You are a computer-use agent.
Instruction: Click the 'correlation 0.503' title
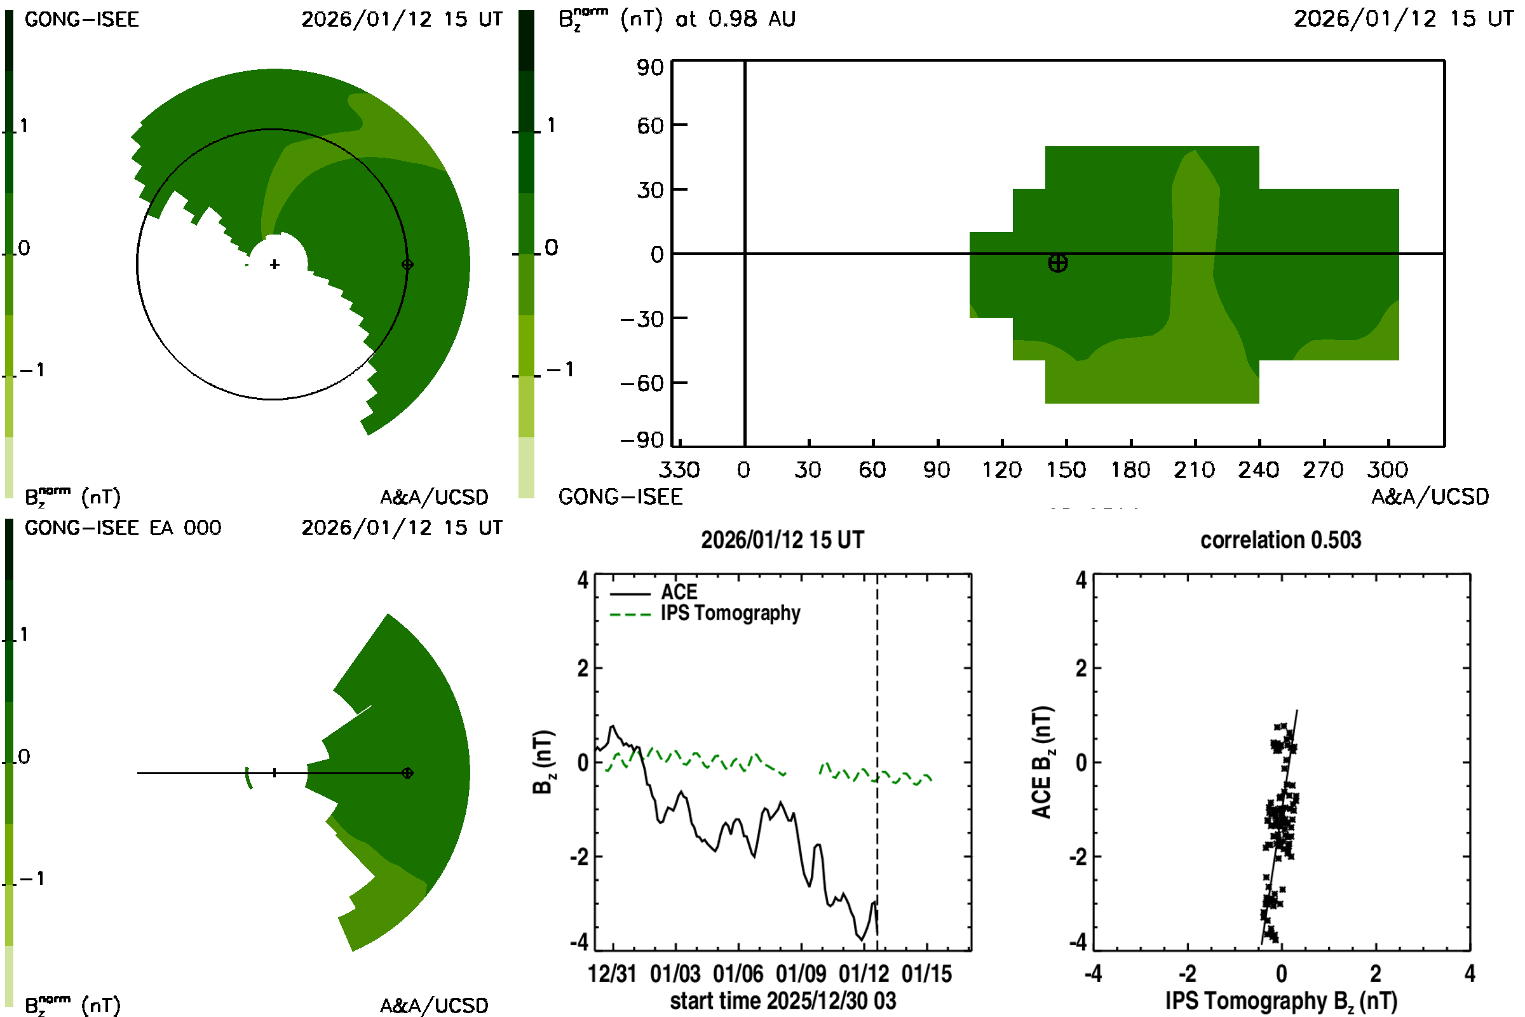click(1280, 540)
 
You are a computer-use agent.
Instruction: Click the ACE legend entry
click(678, 592)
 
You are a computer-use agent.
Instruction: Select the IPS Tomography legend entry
click(729, 613)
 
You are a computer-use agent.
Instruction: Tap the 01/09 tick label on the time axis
click(801, 974)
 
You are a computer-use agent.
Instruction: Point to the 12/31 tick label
click(612, 974)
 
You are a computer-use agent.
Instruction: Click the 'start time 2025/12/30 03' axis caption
click(783, 1000)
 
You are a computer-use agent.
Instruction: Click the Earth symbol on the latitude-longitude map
click(1057, 263)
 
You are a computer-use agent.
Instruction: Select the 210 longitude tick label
click(1194, 470)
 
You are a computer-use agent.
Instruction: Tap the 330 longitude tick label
click(679, 470)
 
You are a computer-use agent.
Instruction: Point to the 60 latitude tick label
click(649, 125)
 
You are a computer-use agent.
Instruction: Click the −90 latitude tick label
click(642, 440)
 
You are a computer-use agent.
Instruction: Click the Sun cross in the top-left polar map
click(275, 264)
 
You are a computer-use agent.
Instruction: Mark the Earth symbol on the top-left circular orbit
click(407, 264)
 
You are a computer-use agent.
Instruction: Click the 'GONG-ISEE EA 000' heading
click(123, 528)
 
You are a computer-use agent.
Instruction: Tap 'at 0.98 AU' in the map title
click(735, 20)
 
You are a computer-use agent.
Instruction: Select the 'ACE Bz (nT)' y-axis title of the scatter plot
click(1042, 762)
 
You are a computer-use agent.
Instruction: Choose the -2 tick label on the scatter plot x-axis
click(1186, 974)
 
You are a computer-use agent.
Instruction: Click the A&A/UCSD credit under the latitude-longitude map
click(1430, 497)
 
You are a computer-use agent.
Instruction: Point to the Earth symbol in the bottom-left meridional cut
click(407, 773)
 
